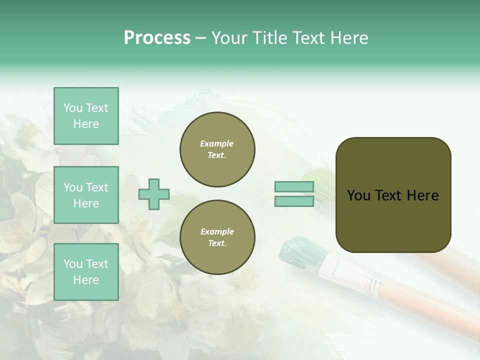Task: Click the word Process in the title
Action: point(157,38)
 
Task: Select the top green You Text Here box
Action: point(86,116)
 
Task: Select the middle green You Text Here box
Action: point(86,195)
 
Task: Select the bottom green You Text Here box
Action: point(86,272)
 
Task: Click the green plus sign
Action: point(154,194)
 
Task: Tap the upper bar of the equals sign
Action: point(294,187)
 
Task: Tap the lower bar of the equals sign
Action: point(294,201)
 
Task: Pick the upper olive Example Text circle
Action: point(217,149)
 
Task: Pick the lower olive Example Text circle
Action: point(217,237)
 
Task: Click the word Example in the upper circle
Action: point(217,143)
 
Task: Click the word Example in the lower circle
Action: point(217,231)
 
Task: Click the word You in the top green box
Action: point(73,108)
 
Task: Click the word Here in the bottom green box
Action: point(86,280)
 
